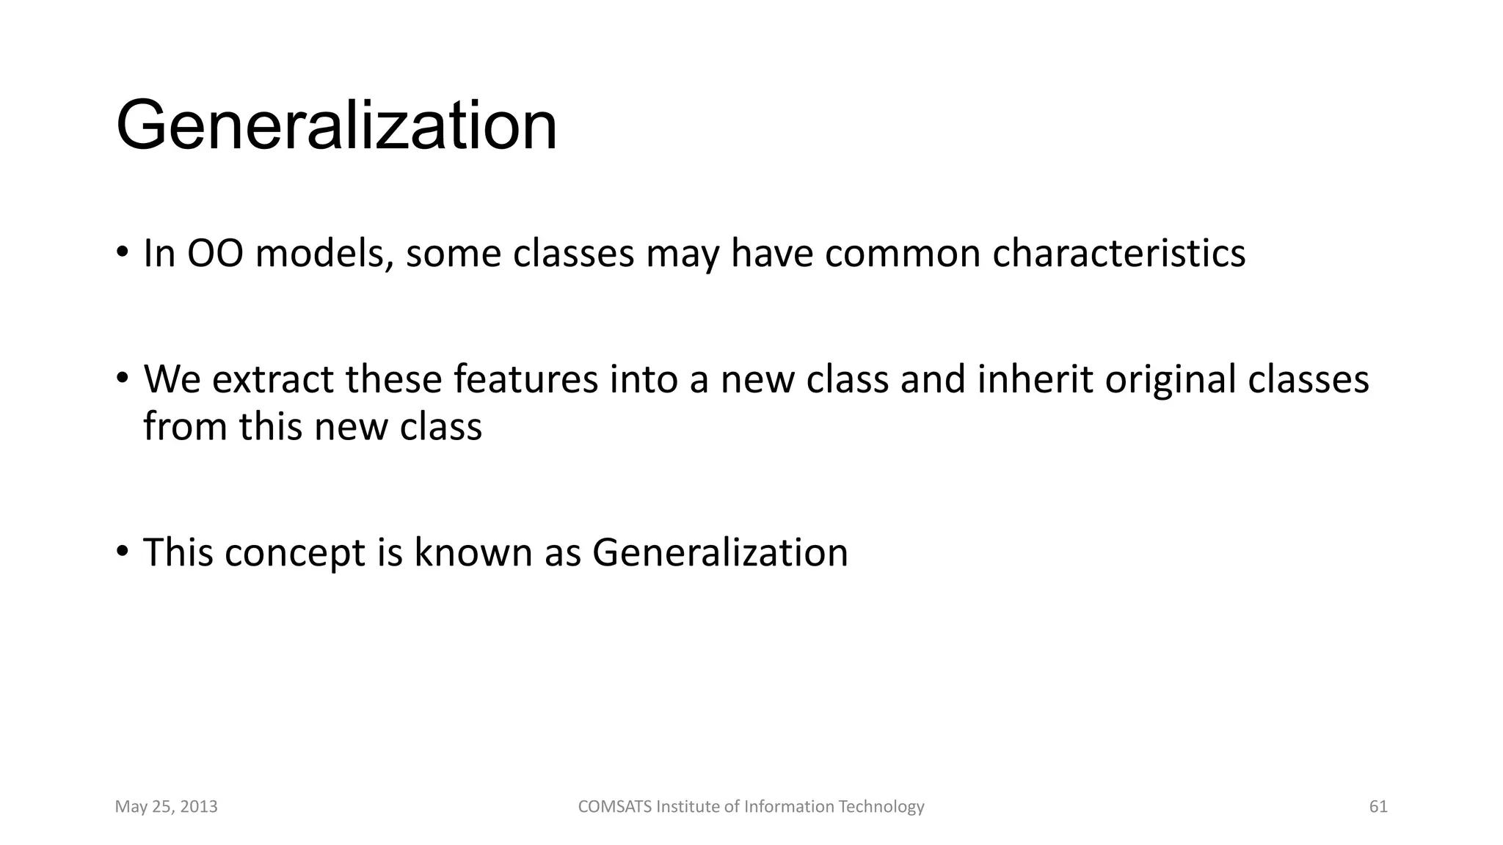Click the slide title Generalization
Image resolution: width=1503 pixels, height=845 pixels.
336,126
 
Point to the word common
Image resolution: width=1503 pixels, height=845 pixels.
903,254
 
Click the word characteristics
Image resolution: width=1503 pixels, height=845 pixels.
1118,254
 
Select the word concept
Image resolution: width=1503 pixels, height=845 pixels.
294,553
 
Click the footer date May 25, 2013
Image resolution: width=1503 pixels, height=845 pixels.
167,807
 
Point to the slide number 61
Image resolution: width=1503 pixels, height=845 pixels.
1378,807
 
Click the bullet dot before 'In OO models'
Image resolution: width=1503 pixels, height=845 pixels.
122,253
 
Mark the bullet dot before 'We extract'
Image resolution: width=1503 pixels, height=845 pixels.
122,379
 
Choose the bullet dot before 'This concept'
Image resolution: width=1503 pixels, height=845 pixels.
122,551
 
